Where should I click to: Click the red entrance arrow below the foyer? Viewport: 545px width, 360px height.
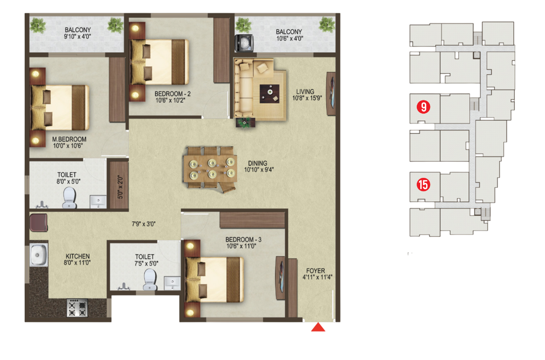(318, 327)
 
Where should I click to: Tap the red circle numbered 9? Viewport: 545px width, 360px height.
(423, 107)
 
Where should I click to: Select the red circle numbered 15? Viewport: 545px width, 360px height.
(423, 185)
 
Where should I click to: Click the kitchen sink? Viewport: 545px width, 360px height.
(38, 255)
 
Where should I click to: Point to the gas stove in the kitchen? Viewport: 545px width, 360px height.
(77, 308)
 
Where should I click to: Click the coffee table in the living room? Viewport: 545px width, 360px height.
(269, 92)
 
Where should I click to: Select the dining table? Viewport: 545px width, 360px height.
(210, 169)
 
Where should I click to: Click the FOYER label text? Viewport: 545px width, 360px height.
(316, 271)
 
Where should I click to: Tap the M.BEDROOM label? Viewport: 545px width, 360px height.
(69, 139)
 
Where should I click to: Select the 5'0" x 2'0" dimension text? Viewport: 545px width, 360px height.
(120, 188)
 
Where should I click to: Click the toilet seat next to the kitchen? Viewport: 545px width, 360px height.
(149, 280)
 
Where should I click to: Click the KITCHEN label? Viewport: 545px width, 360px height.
(77, 256)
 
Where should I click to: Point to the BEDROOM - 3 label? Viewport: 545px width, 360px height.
(244, 240)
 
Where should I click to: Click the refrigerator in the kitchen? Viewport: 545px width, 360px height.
(38, 223)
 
